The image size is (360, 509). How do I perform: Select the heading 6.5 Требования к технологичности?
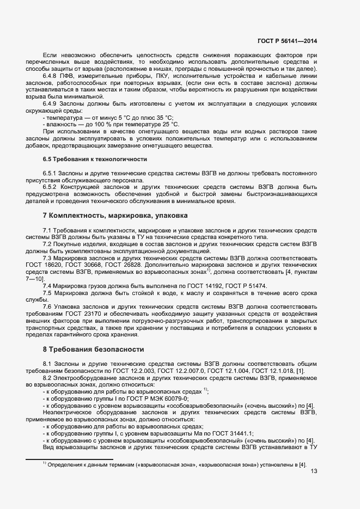95,158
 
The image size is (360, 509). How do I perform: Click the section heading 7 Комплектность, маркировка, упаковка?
114,216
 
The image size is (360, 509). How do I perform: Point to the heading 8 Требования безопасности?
93,349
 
